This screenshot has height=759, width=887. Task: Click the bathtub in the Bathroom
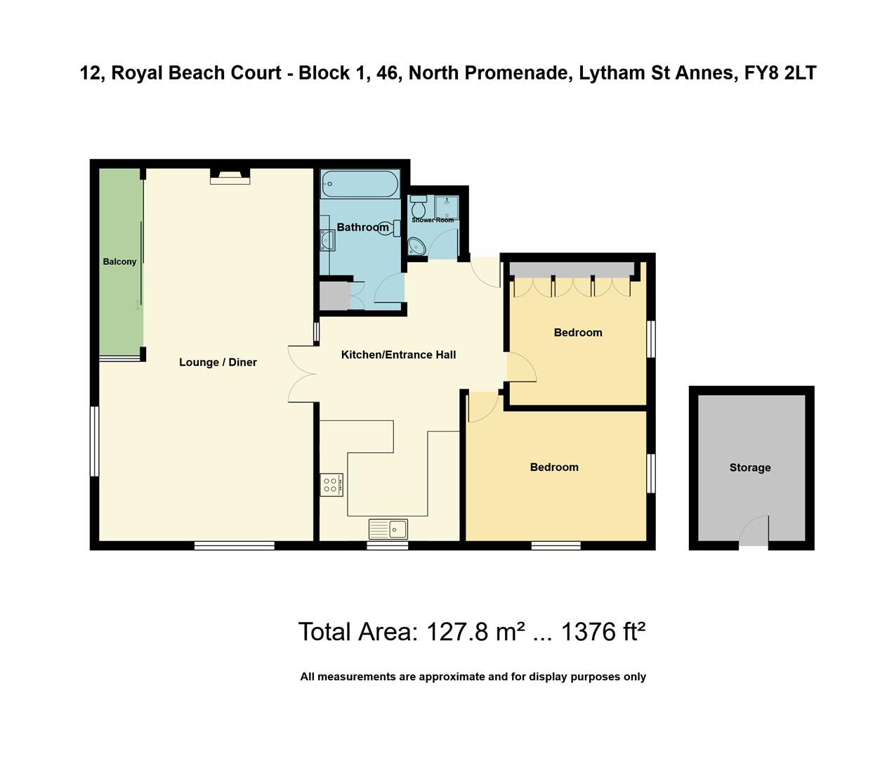click(360, 184)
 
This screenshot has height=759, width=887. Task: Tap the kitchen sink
click(388, 528)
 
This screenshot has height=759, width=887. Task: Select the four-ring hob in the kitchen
click(331, 485)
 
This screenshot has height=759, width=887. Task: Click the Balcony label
click(119, 261)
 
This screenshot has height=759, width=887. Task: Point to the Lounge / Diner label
click(218, 362)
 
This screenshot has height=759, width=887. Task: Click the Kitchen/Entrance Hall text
click(398, 355)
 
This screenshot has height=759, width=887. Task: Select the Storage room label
click(749, 467)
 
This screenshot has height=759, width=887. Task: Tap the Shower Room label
click(433, 220)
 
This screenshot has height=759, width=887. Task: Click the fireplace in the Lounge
click(230, 176)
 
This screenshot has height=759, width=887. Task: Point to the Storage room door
click(754, 532)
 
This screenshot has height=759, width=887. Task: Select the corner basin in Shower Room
click(416, 247)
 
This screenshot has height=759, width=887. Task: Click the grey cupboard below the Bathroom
click(334, 295)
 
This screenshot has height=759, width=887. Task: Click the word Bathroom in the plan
click(362, 227)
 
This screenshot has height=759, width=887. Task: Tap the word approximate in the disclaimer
click(452, 677)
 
